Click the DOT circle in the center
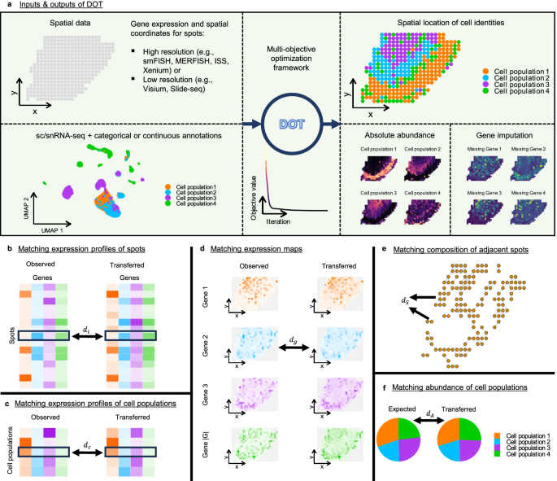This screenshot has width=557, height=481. point(290,125)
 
